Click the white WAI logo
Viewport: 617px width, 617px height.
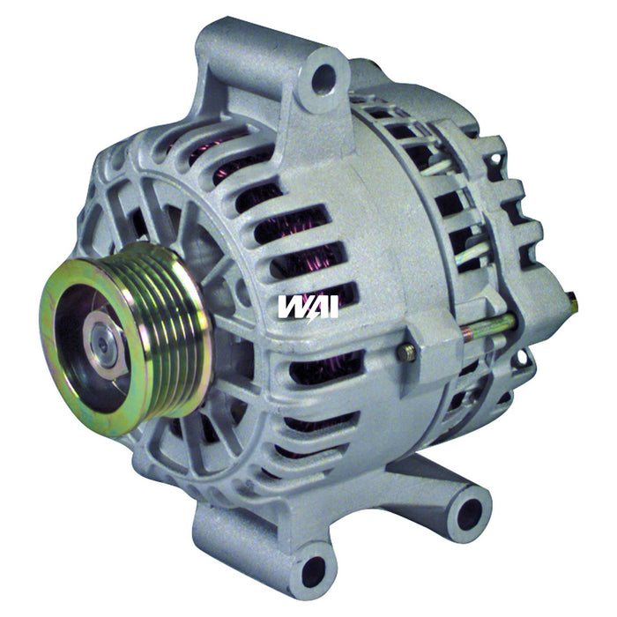[308, 306]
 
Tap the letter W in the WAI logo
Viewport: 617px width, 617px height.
[292, 306]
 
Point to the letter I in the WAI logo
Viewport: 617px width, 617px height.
[332, 306]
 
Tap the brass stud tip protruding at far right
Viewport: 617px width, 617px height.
[573, 305]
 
